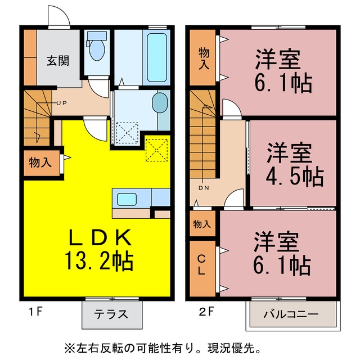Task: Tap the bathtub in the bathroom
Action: pyautogui.click(x=157, y=57)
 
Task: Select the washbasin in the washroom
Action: pyautogui.click(x=160, y=102)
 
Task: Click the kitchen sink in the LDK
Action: pyautogui.click(x=127, y=199)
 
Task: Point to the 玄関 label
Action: pyautogui.click(x=58, y=61)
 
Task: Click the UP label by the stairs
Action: pyautogui.click(x=62, y=103)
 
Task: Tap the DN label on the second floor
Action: pyautogui.click(x=204, y=188)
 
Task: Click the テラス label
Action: pyautogui.click(x=111, y=314)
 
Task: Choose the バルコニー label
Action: pyautogui.click(x=291, y=314)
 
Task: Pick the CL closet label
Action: pyautogui.click(x=201, y=265)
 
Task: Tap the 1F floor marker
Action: pyautogui.click(x=35, y=312)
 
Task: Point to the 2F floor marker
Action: pyautogui.click(x=206, y=312)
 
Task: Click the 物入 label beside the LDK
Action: pyautogui.click(x=40, y=163)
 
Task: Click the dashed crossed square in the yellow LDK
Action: pyautogui.click(x=156, y=150)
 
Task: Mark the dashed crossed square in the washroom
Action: pyautogui.click(x=127, y=134)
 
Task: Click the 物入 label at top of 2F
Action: pyautogui.click(x=204, y=58)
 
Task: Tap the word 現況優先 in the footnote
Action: pyautogui.click(x=231, y=349)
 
